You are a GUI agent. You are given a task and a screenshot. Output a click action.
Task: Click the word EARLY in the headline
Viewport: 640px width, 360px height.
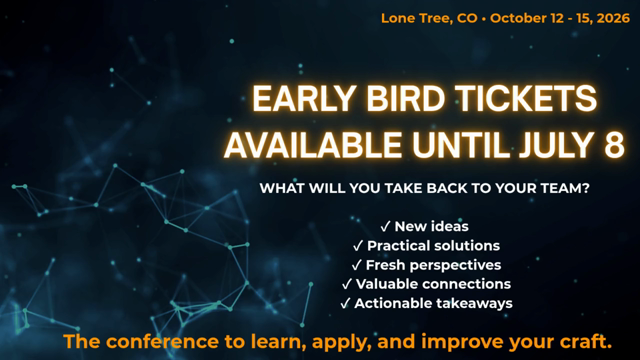tap(304, 98)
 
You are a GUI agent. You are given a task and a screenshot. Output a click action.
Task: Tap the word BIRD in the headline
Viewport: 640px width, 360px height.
tap(406, 98)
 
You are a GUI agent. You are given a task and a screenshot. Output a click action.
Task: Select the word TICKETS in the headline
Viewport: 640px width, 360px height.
tap(527, 98)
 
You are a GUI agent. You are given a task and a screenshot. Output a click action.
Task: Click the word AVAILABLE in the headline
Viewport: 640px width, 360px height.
tap(313, 145)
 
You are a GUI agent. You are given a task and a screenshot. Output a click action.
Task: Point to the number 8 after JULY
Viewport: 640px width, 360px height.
tap(614, 145)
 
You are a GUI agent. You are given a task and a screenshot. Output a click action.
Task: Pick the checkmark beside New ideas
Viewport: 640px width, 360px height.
tap(385, 227)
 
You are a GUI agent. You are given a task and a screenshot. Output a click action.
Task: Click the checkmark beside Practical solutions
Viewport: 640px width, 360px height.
tap(358, 246)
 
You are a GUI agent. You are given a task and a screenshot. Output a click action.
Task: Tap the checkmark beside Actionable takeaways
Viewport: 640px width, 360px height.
tap(345, 303)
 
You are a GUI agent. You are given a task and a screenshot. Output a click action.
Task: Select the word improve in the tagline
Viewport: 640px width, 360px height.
tap(461, 342)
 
